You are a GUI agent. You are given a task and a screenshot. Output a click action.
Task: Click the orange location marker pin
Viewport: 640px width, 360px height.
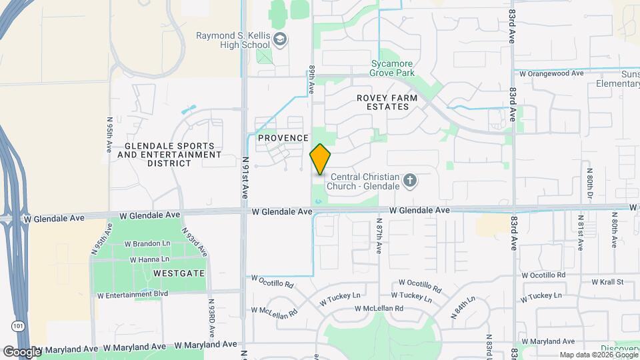(320, 159)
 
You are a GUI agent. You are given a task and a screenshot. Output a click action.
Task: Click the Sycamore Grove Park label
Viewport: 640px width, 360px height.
(393, 69)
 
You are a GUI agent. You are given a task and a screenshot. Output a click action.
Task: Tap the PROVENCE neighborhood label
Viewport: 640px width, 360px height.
(283, 138)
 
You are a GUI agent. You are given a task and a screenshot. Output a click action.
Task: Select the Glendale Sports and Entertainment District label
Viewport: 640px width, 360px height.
(169, 155)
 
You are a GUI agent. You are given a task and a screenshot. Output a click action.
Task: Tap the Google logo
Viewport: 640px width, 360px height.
(21, 351)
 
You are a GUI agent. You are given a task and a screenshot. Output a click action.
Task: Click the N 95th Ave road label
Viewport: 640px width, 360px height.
(109, 135)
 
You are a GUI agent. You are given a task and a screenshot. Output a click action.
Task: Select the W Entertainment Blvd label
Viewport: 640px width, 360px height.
(132, 295)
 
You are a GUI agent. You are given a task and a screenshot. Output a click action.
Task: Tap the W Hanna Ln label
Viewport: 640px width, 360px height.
(149, 259)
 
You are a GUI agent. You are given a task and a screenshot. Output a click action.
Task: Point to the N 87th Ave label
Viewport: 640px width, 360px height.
(378, 236)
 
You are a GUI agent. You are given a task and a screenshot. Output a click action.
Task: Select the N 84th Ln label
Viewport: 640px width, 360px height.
(463, 308)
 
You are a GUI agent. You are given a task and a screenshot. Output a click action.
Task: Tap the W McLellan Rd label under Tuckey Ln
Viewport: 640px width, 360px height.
(379, 309)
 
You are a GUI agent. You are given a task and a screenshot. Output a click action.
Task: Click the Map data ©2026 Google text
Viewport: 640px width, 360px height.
(598, 355)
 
